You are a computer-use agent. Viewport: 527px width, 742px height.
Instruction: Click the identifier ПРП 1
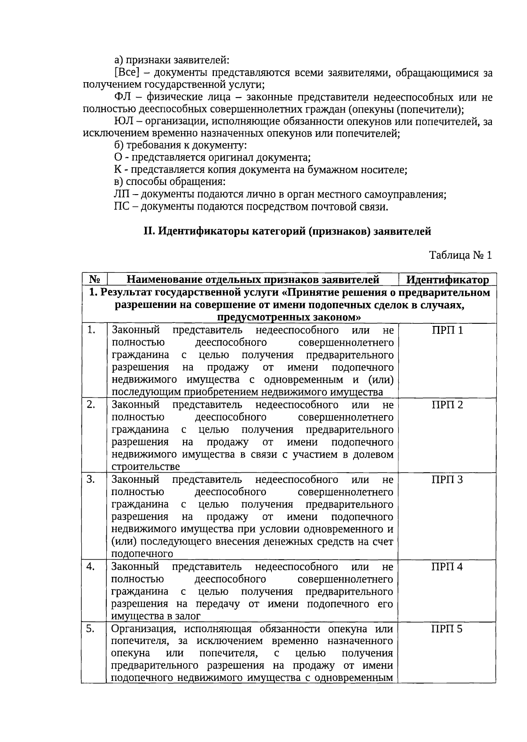click(447, 330)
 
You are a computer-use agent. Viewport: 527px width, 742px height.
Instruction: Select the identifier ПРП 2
click(447, 405)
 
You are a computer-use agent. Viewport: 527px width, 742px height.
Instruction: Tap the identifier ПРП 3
click(447, 479)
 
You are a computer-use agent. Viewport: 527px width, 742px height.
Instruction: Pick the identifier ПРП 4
click(447, 567)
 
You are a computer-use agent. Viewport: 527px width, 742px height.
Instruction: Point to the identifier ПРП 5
click(447, 629)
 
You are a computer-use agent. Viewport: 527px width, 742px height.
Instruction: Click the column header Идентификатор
click(447, 280)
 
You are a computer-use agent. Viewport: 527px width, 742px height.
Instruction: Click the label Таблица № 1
click(460, 255)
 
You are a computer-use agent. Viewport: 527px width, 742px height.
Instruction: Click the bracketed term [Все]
click(126, 72)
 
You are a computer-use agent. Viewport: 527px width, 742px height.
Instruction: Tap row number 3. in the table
click(91, 479)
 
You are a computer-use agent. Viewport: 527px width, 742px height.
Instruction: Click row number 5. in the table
click(90, 629)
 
